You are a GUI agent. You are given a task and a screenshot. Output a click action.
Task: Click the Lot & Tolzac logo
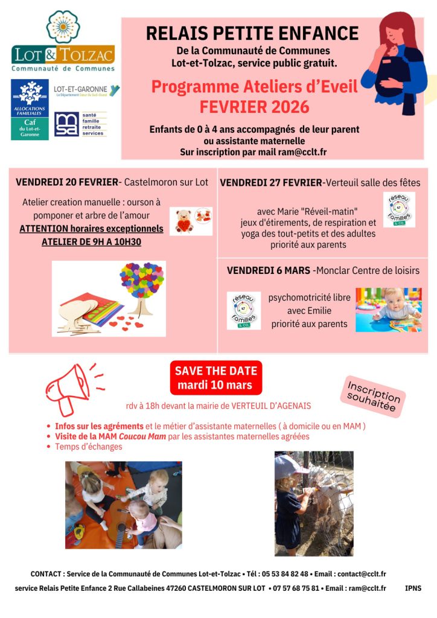tap(63, 42)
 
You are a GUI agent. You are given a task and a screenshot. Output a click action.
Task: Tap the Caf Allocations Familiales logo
tap(30, 109)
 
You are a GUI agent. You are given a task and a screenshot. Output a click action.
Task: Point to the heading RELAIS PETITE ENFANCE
tap(252, 33)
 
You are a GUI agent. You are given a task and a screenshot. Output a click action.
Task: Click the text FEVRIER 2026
tap(254, 107)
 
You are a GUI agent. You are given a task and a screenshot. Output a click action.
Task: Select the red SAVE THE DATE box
tap(215, 378)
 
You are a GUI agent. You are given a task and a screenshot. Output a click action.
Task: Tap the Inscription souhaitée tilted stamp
tap(374, 396)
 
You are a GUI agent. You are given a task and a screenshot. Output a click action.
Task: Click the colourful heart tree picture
tap(109, 298)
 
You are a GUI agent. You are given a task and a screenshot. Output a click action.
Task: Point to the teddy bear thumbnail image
tap(191, 221)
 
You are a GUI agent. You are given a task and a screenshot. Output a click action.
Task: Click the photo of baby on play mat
tap(388, 310)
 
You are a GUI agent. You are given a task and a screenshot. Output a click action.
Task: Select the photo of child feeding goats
tap(313, 503)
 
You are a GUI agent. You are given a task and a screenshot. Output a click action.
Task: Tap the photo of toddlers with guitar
tap(123, 505)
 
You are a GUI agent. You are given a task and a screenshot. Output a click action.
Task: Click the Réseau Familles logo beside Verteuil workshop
tap(399, 209)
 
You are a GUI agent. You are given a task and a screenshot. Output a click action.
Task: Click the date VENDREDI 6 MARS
tap(268, 270)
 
